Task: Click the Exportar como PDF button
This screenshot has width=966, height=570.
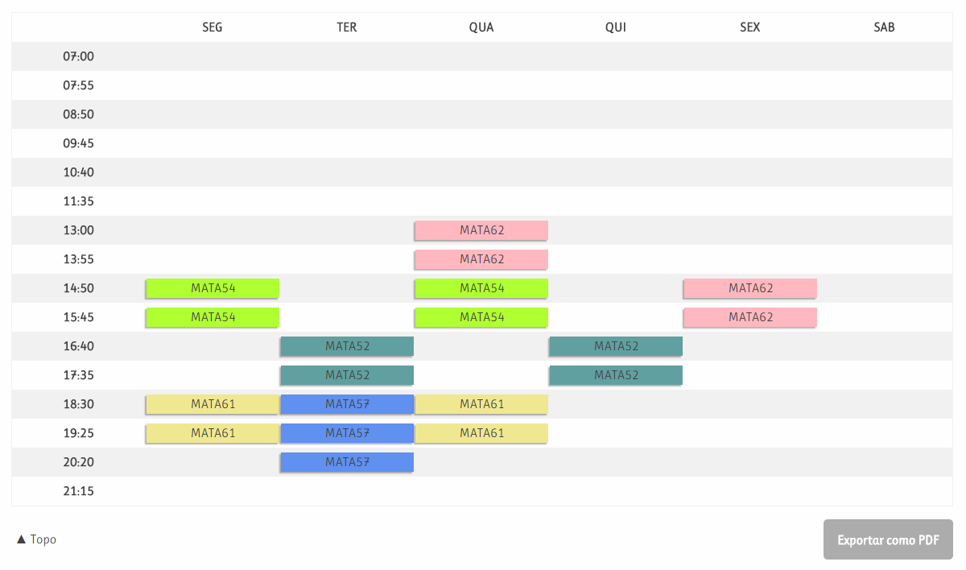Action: (888, 539)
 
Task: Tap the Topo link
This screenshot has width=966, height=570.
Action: (37, 539)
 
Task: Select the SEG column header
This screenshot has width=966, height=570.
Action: (213, 27)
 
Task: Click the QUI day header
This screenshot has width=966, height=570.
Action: (616, 27)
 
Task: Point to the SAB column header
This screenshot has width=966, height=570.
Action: (884, 27)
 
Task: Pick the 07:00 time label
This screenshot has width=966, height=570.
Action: (78, 56)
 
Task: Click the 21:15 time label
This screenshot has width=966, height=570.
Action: (78, 491)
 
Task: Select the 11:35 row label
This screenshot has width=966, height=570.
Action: (78, 201)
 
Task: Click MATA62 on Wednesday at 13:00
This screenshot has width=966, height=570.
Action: (481, 230)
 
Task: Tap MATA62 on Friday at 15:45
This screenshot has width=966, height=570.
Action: (750, 317)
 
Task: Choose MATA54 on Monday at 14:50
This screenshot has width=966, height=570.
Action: (213, 288)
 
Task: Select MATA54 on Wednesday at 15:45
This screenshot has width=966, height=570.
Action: (481, 317)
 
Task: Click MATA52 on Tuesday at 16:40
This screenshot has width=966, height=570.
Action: (347, 346)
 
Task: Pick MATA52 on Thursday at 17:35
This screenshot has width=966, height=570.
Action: (616, 375)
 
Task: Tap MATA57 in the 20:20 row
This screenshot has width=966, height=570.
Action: (347, 462)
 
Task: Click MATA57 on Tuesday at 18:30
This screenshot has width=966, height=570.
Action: (347, 404)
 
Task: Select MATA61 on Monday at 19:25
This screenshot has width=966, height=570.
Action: (213, 433)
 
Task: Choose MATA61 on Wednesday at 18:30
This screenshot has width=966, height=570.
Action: (481, 404)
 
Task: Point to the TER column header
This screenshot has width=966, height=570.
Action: (347, 27)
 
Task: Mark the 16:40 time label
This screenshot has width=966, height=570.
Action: (78, 346)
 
